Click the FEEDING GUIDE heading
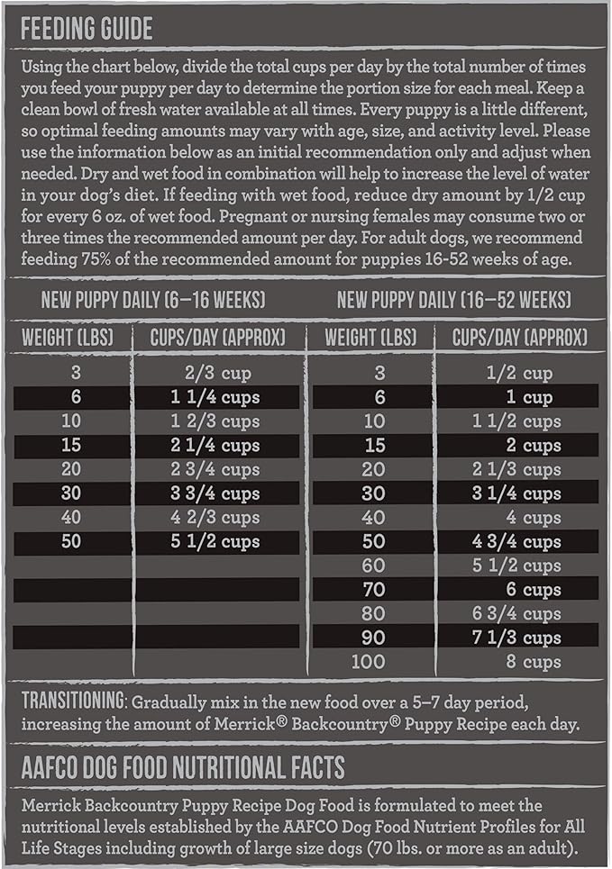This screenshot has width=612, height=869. coord(87,29)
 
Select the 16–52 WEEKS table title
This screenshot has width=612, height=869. coord(453,300)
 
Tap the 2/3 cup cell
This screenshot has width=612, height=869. coord(215,373)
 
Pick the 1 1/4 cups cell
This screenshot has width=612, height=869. coord(215,397)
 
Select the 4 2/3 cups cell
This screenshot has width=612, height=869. coord(215,518)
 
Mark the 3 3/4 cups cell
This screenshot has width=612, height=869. coord(215,493)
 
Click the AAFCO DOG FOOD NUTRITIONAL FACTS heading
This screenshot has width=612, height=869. coord(183,767)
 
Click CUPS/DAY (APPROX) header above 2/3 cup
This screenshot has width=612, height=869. coord(216,338)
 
